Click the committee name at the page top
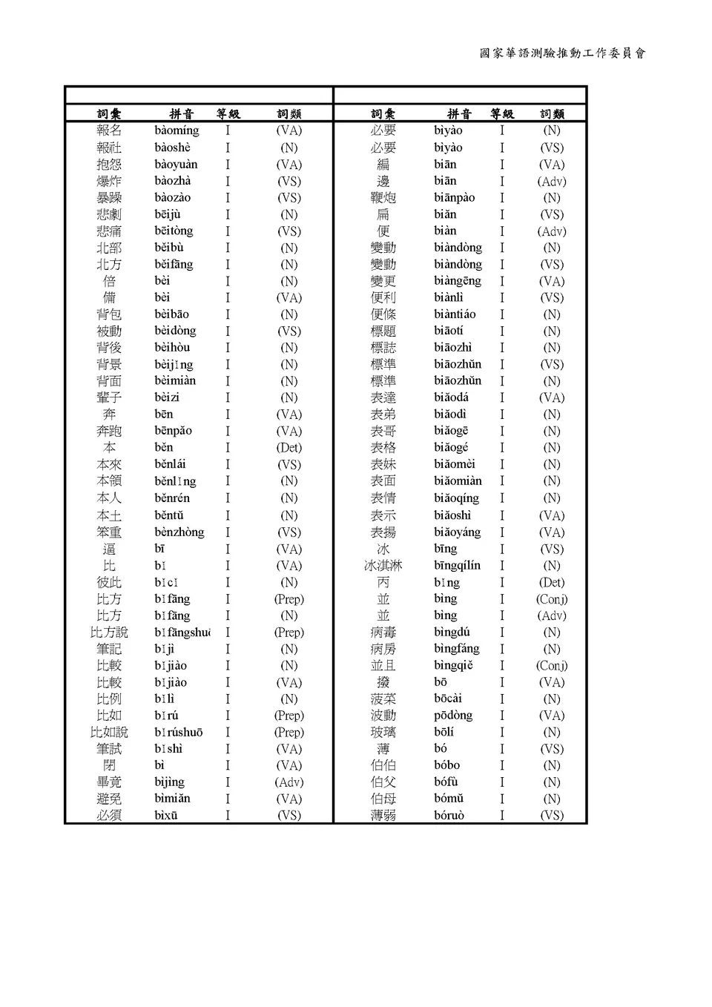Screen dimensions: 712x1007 tap(562, 53)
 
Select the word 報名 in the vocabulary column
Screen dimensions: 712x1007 tap(109, 131)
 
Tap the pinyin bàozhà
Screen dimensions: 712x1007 tap(172, 181)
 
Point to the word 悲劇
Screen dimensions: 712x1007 tap(109, 214)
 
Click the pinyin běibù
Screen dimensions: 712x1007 tap(168, 248)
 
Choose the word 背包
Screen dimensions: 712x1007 tap(109, 314)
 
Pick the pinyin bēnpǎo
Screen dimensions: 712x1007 tap(173, 431)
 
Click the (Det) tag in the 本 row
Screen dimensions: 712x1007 tap(289, 448)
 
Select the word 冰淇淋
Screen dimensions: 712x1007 tap(383, 566)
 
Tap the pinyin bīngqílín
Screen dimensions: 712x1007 tap(457, 566)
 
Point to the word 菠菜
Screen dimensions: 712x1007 tap(383, 699)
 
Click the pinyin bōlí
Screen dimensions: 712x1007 tap(444, 732)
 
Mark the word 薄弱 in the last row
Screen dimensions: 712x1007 tap(383, 815)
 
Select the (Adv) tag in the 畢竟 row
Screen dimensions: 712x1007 tap(289, 782)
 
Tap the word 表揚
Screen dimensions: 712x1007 tap(383, 532)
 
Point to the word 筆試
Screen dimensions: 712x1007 tap(109, 749)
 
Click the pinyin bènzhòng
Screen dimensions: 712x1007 tap(179, 532)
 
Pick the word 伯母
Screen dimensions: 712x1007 tap(383, 799)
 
